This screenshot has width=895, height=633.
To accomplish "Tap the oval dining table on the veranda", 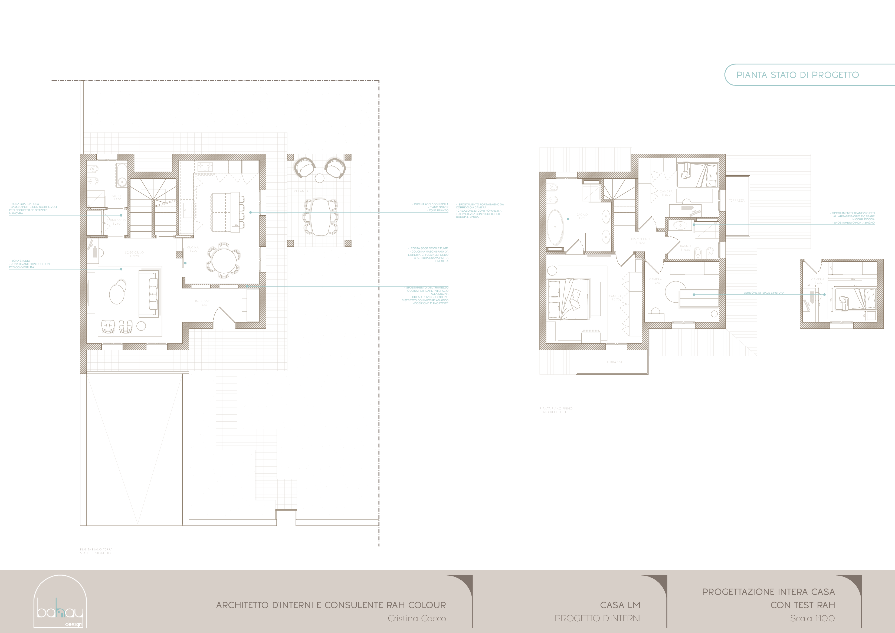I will (321, 217).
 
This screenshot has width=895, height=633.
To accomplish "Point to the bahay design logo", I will (60, 602).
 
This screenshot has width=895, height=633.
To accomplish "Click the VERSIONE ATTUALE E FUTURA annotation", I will (763, 293).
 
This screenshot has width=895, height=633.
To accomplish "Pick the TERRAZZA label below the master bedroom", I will (614, 362).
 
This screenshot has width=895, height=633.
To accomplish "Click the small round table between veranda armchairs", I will (320, 178).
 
